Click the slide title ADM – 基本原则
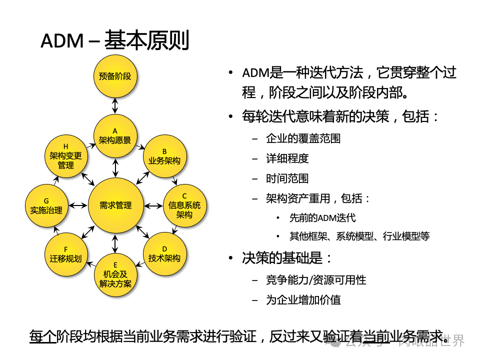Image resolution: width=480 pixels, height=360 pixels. [114, 41]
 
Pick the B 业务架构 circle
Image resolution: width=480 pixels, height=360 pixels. [164, 156]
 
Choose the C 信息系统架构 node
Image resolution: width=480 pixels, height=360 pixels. [184, 205]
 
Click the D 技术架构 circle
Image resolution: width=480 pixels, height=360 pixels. [164, 253]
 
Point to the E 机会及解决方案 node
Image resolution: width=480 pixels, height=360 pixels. [115, 274]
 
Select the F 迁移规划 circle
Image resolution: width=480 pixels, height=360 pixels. [65, 253]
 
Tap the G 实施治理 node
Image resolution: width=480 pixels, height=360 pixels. [45, 205]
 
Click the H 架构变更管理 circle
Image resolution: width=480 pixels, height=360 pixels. [65, 156]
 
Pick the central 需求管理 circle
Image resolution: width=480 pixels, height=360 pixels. [115, 205]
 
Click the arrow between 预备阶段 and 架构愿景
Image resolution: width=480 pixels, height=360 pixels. [115, 105]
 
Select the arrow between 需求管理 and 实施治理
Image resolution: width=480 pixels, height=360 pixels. [77, 205]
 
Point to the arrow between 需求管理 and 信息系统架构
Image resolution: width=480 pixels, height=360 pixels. [152, 205]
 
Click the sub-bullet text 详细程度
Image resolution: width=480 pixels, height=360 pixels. [287, 158]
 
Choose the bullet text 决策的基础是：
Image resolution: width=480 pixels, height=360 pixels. [287, 258]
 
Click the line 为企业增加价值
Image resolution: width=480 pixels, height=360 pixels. [303, 300]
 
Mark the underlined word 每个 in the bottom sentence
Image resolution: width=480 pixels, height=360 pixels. [42, 336]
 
